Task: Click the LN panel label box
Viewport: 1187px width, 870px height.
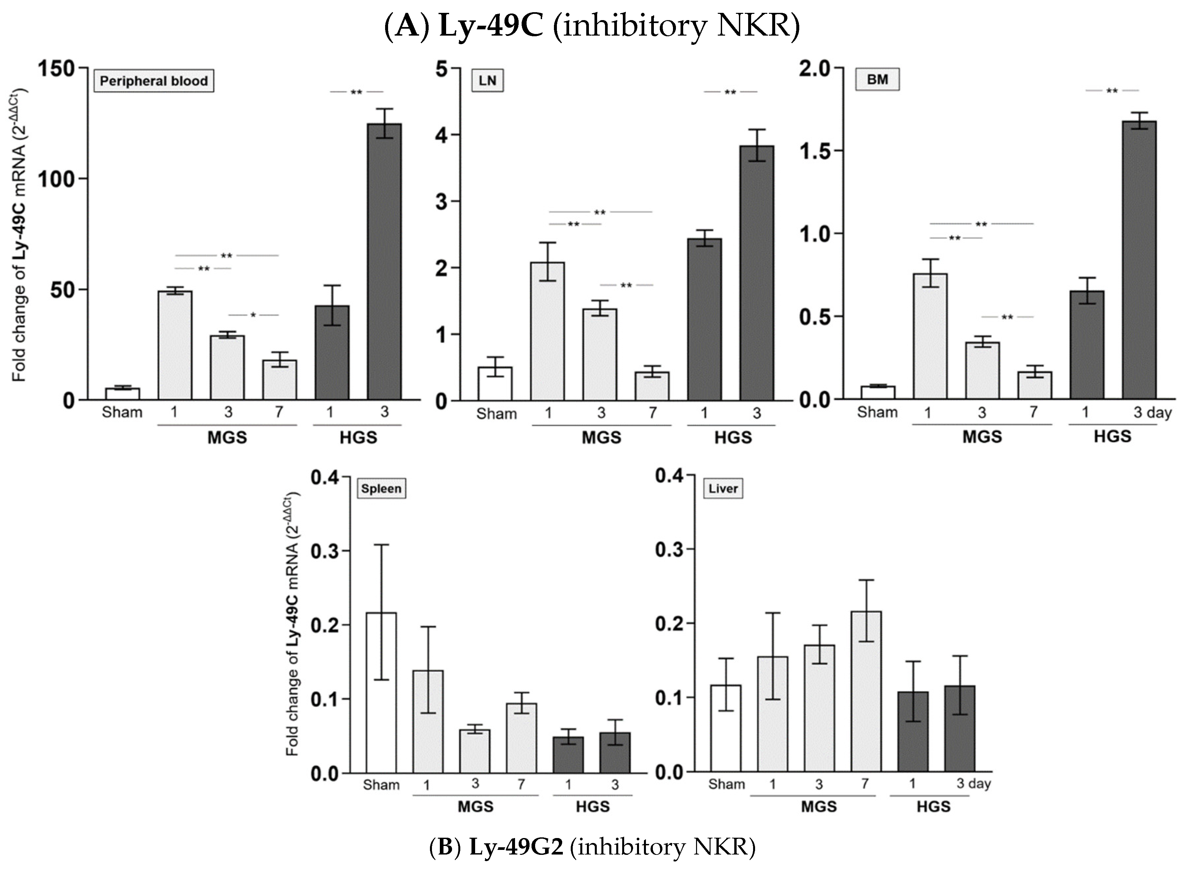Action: pyautogui.click(x=487, y=81)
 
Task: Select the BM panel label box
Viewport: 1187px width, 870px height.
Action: pyautogui.click(x=877, y=79)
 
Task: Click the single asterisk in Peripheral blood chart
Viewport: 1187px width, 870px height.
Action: pyautogui.click(x=253, y=315)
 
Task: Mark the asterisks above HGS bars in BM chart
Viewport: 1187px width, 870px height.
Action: pyautogui.click(x=1112, y=91)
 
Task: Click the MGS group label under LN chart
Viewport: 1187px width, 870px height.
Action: pyautogui.click(x=601, y=438)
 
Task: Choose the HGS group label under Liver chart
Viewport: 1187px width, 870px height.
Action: pyautogui.click(x=933, y=806)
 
